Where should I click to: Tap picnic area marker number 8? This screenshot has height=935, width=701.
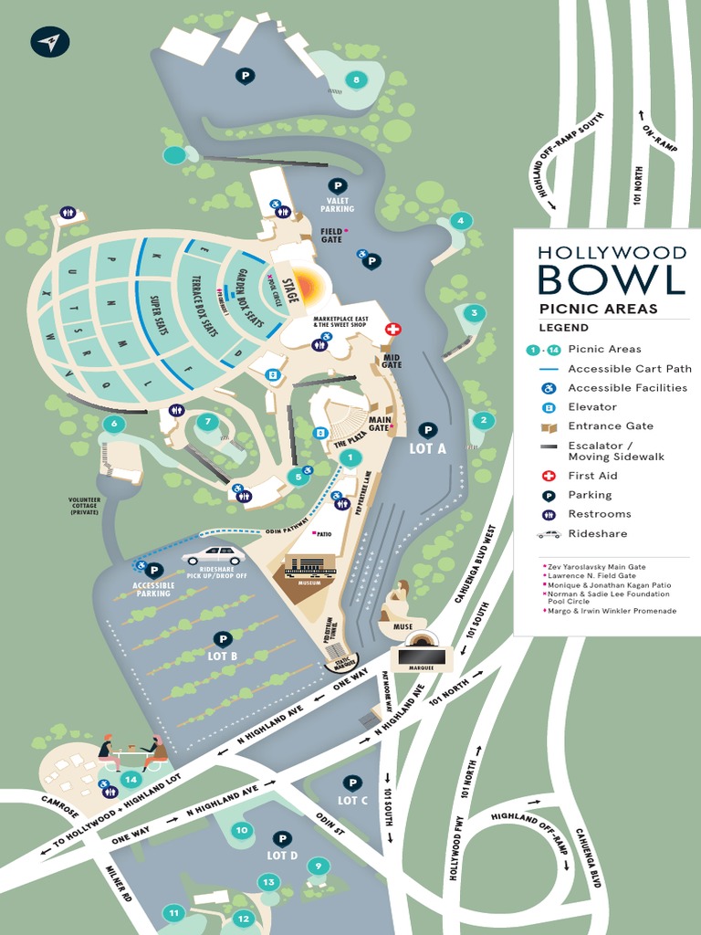pyautogui.click(x=356, y=79)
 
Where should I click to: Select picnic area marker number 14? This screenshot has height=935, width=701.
pyautogui.click(x=131, y=779)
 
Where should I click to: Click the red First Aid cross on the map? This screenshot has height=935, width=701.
pyautogui.click(x=393, y=329)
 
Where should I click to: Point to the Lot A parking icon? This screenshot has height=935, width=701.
pyautogui.click(x=426, y=429)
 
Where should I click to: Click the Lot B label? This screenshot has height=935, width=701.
pyautogui.click(x=222, y=656)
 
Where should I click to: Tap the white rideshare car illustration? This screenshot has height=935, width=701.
pyautogui.click(x=213, y=555)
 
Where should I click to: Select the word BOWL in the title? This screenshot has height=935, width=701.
pyautogui.click(x=611, y=278)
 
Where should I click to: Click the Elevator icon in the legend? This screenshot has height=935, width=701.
pyautogui.click(x=548, y=407)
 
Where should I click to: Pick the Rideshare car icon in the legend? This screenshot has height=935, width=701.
pyautogui.click(x=548, y=533)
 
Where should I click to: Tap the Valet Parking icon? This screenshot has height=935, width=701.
pyautogui.click(x=337, y=185)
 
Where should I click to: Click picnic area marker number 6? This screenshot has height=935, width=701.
pyautogui.click(x=113, y=424)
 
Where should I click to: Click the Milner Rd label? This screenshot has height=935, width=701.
pyautogui.click(x=120, y=883)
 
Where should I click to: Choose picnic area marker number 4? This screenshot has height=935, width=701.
pyautogui.click(x=461, y=220)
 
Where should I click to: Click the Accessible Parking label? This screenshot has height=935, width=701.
pyautogui.click(x=153, y=590)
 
